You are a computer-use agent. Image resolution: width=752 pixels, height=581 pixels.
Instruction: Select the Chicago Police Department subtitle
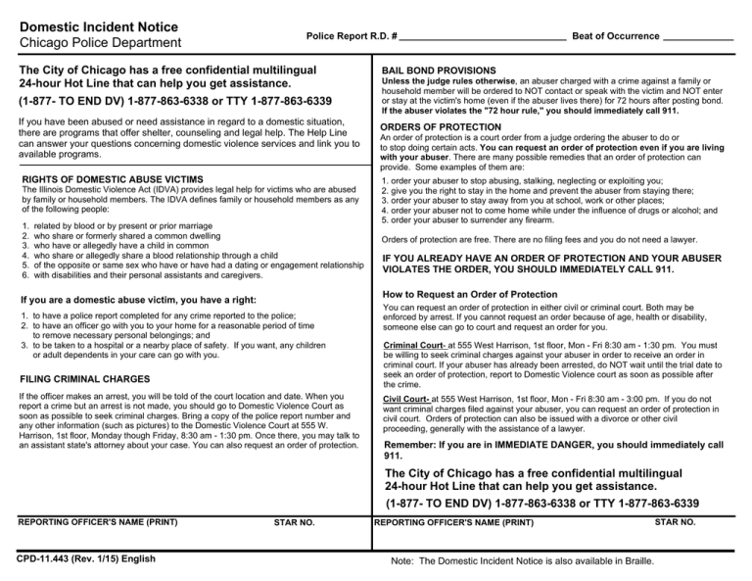(100, 43)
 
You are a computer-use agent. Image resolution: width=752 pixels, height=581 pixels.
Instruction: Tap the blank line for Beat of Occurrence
(697, 36)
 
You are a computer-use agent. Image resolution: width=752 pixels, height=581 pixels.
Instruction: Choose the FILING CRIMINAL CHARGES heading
(84, 377)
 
